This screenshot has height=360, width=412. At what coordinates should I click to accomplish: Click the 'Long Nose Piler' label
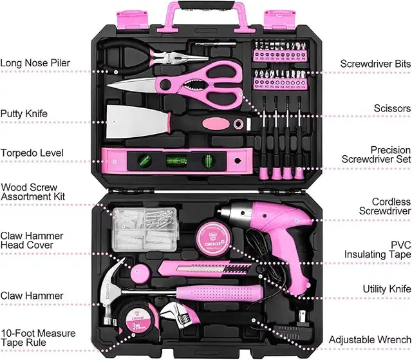coord(35,63)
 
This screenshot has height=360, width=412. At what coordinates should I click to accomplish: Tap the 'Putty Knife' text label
coord(24,114)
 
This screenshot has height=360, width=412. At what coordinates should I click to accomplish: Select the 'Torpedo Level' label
coord(32,153)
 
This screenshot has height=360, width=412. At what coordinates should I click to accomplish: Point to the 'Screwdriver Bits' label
coord(375,64)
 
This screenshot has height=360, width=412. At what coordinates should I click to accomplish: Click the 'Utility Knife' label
coord(387,289)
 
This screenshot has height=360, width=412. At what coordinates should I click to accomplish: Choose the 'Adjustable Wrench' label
coord(370,340)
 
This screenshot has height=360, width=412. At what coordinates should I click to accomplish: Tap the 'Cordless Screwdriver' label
coord(385,206)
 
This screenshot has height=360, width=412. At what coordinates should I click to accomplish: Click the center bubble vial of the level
coord(176,160)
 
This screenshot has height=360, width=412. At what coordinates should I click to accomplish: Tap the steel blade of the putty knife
coord(137,122)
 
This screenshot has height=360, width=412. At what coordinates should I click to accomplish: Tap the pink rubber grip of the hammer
coord(220,293)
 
